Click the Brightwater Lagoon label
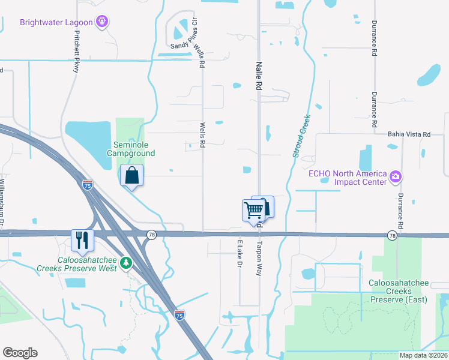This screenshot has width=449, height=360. [x=56, y=23]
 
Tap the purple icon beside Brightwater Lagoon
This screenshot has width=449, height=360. [x=103, y=23]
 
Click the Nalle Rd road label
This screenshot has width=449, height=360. [x=259, y=75]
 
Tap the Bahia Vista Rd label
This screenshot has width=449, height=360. [x=409, y=134]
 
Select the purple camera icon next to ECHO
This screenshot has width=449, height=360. [x=396, y=177]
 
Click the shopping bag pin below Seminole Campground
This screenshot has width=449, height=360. [x=131, y=176]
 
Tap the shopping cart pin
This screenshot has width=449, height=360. [x=253, y=211]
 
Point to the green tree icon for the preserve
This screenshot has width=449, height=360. [x=125, y=262]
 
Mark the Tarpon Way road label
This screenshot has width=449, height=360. [x=260, y=259]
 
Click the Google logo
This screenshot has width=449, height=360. [x=20, y=353]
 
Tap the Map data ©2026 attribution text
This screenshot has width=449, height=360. [x=423, y=355]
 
